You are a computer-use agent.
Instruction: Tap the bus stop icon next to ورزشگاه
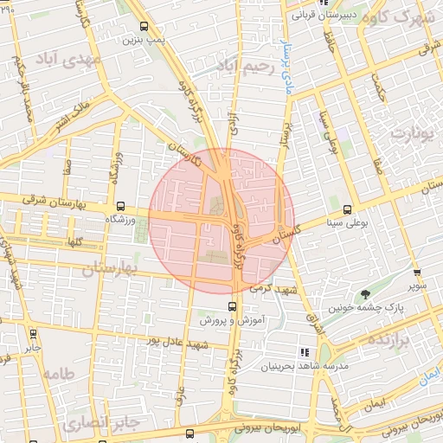[120, 207]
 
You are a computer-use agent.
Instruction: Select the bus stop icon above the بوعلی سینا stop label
[348, 209]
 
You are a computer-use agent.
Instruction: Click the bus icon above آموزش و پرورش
[232, 306]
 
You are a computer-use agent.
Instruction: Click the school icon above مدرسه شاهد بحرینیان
[304, 352]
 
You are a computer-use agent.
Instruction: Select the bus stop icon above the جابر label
[33, 334]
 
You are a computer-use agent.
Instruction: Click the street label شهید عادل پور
[181, 343]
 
